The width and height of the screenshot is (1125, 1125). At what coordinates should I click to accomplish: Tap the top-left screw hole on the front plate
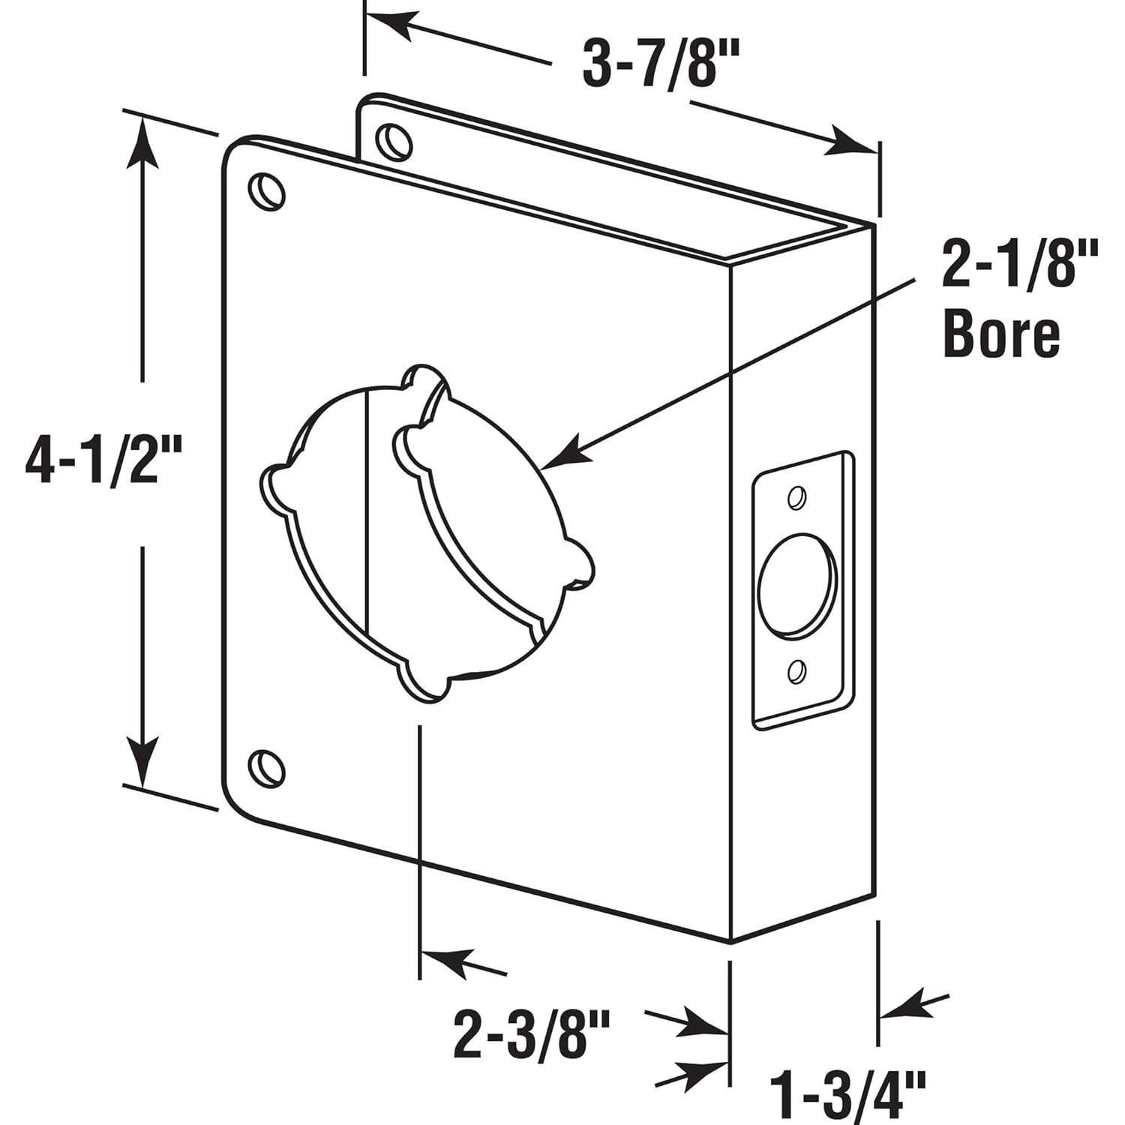point(265,190)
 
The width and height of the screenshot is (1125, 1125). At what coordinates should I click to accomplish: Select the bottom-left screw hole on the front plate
point(265,768)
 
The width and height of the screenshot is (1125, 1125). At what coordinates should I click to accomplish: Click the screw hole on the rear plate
point(394,140)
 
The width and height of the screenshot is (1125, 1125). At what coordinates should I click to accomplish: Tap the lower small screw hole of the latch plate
point(796,670)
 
